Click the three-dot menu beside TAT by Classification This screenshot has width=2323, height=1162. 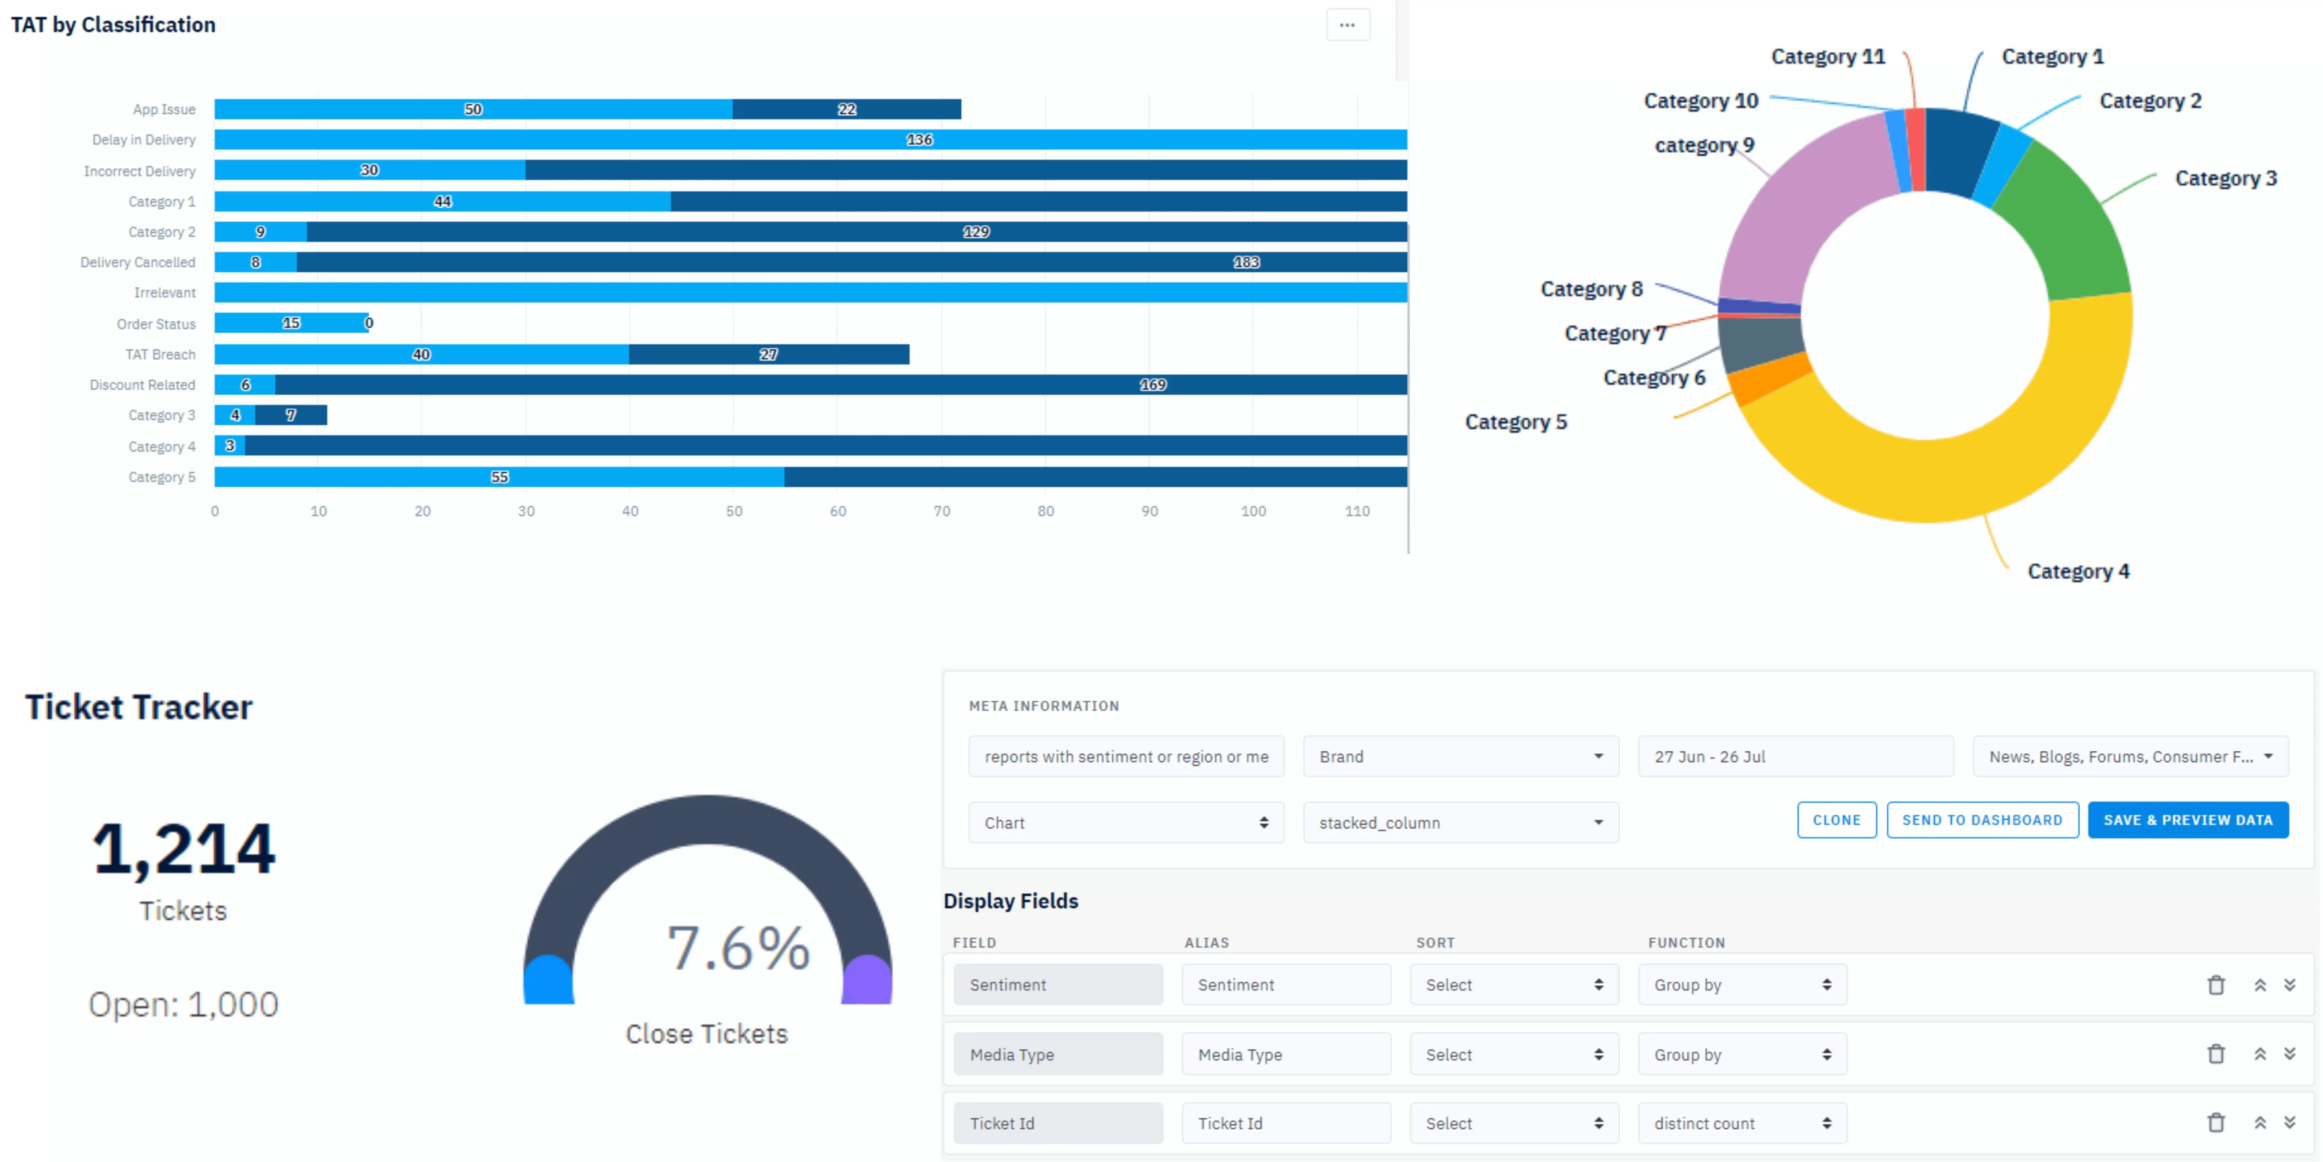pos(1347,25)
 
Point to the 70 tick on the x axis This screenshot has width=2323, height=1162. pos(941,511)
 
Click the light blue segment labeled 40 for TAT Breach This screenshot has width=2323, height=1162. pos(421,355)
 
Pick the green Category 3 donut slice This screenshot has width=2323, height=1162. pos(2065,226)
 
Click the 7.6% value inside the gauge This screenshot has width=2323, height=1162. pos(738,948)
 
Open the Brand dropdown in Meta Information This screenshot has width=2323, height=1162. pos(1460,757)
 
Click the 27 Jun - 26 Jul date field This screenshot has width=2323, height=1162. pos(1795,757)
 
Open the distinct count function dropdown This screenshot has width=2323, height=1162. pos(1741,1123)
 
